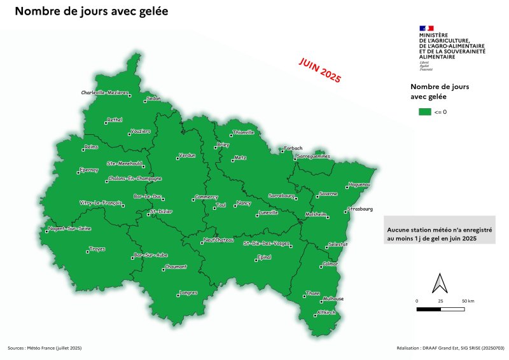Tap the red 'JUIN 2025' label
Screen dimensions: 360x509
(x=320, y=69)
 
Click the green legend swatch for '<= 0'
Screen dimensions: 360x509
(x=424, y=111)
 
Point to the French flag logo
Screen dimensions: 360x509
(x=426, y=28)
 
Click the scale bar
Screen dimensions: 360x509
(x=440, y=309)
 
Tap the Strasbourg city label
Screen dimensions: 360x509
(x=360, y=209)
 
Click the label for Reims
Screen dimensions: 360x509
(x=93, y=146)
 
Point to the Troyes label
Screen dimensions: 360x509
(x=97, y=249)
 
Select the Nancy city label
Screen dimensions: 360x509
(x=244, y=203)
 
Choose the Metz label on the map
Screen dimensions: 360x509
(x=240, y=156)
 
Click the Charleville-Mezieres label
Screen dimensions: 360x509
(x=104, y=93)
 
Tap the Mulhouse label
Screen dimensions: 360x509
(x=333, y=299)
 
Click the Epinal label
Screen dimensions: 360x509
(x=264, y=256)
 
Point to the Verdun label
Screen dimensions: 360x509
(x=187, y=155)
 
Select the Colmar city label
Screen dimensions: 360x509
(x=331, y=263)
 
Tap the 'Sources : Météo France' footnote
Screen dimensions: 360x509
(x=45, y=349)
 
